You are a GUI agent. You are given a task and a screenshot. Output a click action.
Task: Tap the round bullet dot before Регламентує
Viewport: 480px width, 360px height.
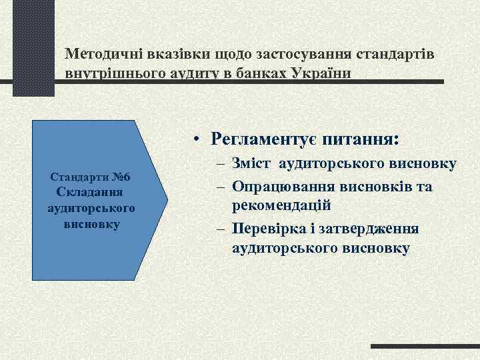pyautogui.click(x=198, y=140)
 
